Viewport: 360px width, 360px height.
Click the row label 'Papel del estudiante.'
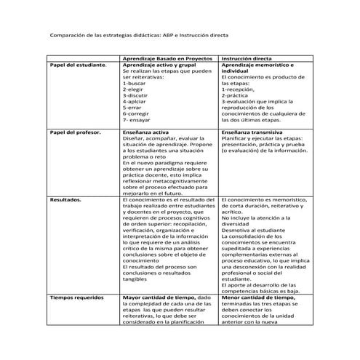click(x=77, y=65)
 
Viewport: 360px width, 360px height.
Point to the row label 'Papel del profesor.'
click(x=76, y=132)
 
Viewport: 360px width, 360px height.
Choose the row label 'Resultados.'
click(x=66, y=199)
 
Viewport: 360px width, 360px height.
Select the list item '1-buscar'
click(x=135, y=83)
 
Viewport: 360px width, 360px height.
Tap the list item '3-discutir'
click(x=136, y=95)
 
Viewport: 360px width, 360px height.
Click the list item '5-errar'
click(x=132, y=108)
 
